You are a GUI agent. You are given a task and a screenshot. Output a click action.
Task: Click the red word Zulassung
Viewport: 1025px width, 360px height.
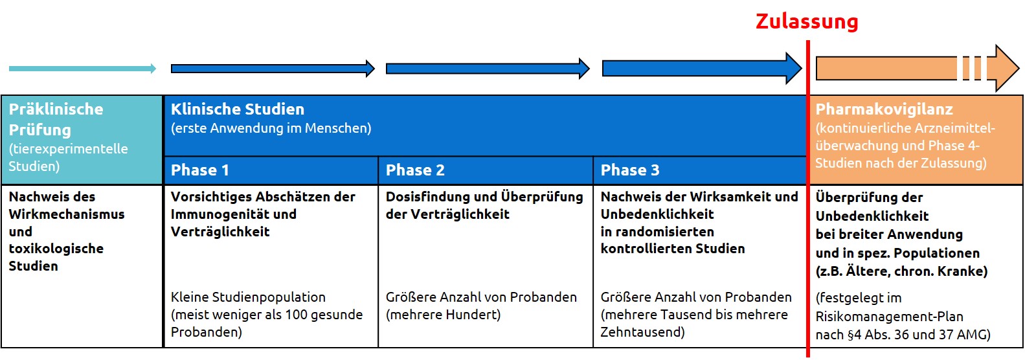(x=807, y=21)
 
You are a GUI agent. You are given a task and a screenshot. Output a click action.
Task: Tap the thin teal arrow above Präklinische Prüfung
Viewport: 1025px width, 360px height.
(x=82, y=69)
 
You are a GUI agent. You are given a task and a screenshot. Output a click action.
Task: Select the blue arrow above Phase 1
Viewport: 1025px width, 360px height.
(x=273, y=69)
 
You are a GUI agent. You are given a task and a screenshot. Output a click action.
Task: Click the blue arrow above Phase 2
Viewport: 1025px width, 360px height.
(x=488, y=69)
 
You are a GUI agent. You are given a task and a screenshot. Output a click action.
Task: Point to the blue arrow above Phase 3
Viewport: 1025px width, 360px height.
(x=702, y=69)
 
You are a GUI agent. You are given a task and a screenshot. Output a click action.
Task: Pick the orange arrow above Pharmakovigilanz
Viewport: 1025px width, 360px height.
(x=918, y=69)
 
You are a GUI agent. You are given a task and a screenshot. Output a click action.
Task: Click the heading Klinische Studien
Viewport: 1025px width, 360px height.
(x=238, y=109)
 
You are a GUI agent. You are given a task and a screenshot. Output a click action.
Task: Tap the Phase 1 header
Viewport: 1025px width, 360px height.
(x=199, y=170)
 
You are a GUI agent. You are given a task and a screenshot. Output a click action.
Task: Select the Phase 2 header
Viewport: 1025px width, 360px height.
(x=415, y=170)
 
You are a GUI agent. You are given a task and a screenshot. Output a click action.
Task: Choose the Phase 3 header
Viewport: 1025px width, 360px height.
(x=630, y=170)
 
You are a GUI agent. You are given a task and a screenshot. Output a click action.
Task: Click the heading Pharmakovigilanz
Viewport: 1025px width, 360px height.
(x=884, y=109)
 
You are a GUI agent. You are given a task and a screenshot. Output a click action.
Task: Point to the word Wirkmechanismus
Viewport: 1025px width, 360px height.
(x=67, y=214)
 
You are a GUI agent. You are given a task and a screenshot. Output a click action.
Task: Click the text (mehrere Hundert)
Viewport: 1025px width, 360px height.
(x=444, y=315)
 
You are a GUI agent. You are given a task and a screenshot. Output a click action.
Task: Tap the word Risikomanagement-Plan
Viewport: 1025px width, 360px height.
(x=890, y=317)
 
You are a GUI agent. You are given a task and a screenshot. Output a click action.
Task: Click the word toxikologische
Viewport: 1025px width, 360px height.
(x=56, y=249)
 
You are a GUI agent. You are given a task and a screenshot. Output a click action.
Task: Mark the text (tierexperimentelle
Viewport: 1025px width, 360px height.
(x=68, y=149)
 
